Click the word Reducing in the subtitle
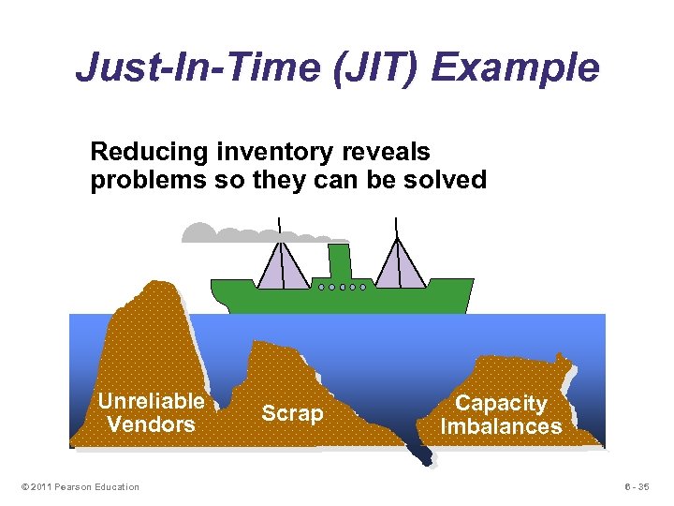coord(150,151)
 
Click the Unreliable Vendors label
coord(151,412)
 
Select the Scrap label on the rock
coord(292,413)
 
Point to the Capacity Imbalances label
coord(501,415)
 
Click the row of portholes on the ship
coord(342,287)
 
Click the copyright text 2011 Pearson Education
coord(78,486)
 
